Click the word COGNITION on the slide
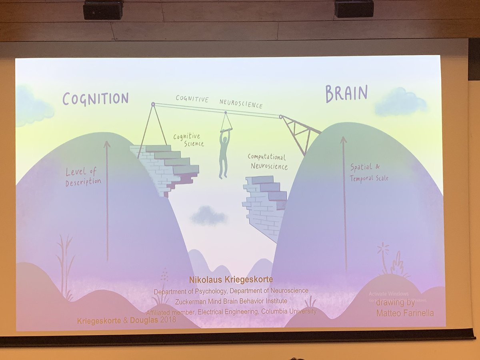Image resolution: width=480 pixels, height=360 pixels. (95, 98)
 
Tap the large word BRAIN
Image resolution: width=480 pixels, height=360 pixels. (346, 94)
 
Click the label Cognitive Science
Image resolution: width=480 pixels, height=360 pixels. (188, 140)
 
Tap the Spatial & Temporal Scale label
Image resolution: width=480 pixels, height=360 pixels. (369, 173)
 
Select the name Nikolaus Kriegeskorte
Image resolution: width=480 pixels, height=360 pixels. (232, 279)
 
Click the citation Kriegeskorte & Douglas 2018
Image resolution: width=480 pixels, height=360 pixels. (126, 320)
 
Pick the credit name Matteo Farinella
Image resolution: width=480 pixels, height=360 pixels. (405, 314)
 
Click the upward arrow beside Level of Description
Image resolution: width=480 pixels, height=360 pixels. (107, 200)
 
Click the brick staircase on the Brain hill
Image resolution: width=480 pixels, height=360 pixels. (265, 204)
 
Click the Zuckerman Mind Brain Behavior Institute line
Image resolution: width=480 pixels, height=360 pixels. (232, 301)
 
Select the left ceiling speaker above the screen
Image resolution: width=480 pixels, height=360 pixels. (104, 10)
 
